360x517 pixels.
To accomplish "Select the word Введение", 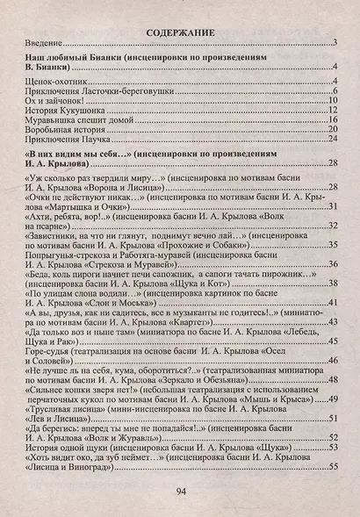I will [37, 43].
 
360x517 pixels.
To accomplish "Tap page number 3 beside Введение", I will [337, 43].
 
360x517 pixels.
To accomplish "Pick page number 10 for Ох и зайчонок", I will [335, 100].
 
